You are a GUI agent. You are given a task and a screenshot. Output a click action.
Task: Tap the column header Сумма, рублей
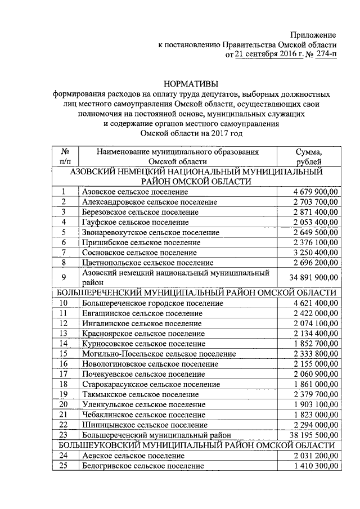pos(309,156)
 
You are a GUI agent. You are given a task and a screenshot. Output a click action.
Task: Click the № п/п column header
pos(65,156)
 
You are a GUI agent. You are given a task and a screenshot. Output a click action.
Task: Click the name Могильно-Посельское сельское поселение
pos(159,354)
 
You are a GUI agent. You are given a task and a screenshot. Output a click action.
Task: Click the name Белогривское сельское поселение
pos(142,466)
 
